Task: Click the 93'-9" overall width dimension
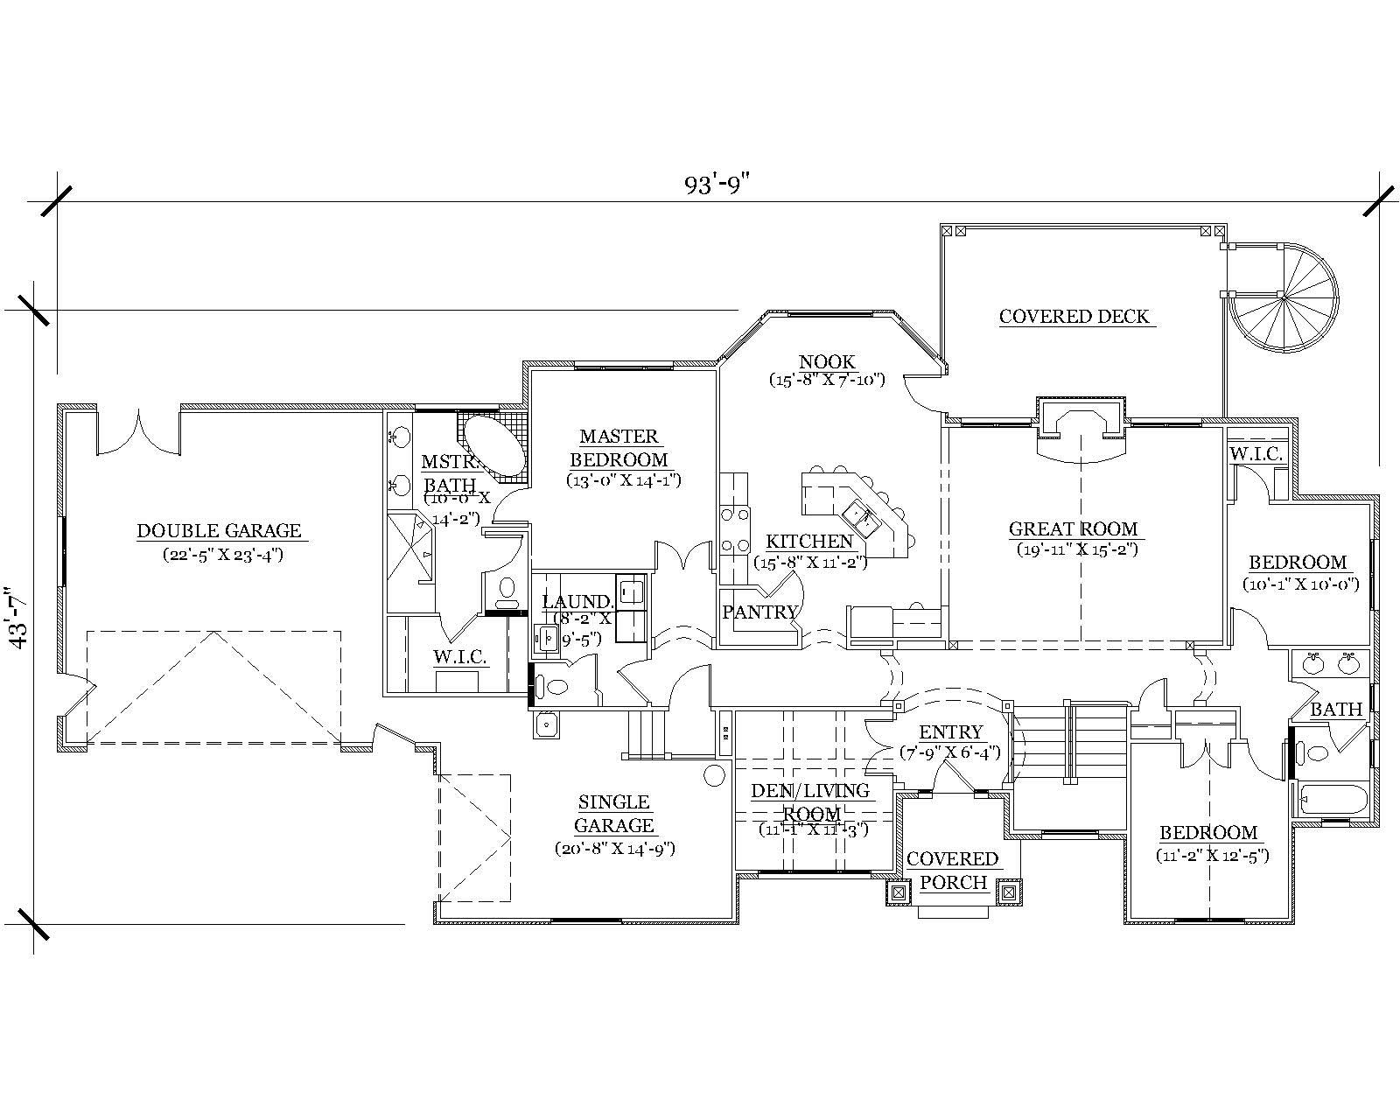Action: click(x=717, y=185)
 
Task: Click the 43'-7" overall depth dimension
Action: click(x=18, y=618)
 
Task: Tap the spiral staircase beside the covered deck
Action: click(x=1283, y=298)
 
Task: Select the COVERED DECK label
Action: click(x=1074, y=317)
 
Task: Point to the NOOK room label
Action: click(x=827, y=362)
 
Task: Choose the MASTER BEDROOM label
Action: click(x=619, y=448)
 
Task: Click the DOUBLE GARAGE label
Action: click(x=219, y=531)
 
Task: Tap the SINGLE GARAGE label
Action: click(x=614, y=814)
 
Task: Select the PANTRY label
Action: click(x=760, y=612)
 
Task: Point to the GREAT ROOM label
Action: click(x=1074, y=529)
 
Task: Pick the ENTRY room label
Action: click(x=950, y=732)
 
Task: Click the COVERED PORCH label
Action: click(x=953, y=871)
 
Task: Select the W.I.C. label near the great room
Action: click(x=1256, y=455)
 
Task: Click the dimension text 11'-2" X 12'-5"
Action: click(x=1212, y=856)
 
